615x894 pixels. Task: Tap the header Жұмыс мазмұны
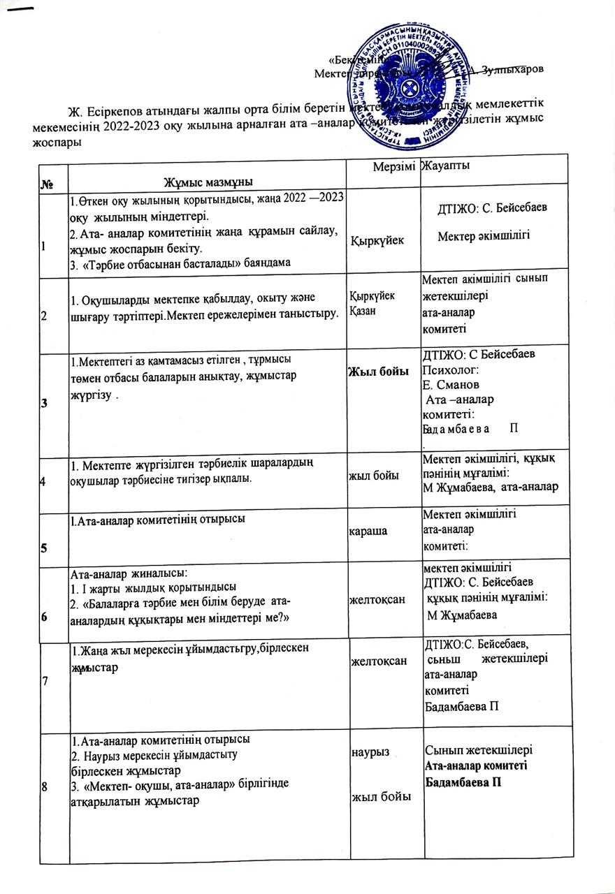pos(208,182)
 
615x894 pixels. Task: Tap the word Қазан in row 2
pos(364,309)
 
